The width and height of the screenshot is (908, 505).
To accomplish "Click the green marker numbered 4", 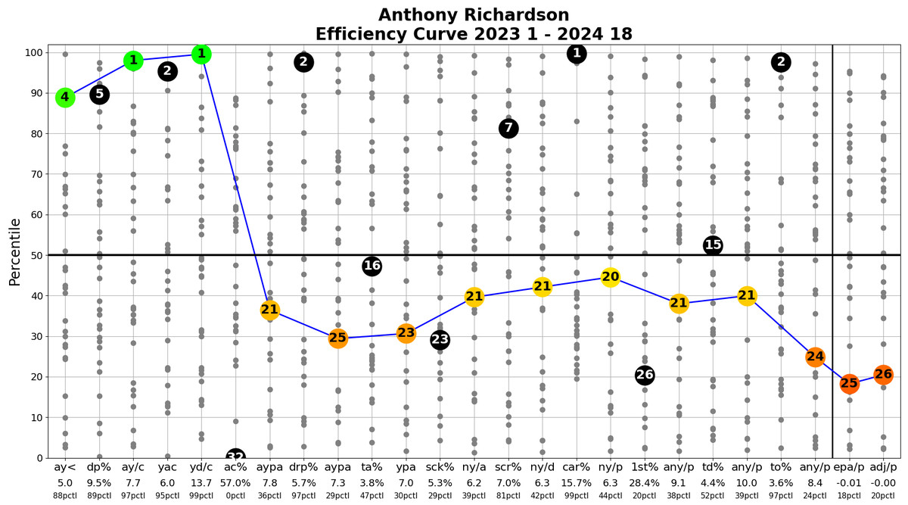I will coord(65,97).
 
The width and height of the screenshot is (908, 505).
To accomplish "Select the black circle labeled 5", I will coord(99,95).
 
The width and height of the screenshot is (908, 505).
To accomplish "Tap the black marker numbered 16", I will coord(372,266).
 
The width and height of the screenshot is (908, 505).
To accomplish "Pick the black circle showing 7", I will coord(508,129).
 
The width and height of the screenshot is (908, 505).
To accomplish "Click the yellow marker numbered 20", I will coord(611,277).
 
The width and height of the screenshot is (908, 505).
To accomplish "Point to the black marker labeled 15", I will coord(713,245).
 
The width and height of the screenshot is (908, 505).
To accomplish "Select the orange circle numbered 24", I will coord(815,357).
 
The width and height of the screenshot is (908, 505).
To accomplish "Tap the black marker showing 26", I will coord(645,375).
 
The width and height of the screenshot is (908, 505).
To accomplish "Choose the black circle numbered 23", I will coord(440,340).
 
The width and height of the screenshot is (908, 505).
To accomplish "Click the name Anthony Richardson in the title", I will coord(474,15).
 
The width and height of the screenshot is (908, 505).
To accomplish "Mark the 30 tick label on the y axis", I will coord(33,336).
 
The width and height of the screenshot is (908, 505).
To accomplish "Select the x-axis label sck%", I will coord(440,467).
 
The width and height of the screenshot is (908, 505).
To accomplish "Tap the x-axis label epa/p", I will coord(849,467).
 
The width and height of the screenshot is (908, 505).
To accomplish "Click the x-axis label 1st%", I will coord(645,467).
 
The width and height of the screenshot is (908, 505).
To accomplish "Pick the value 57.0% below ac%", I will coord(235,482).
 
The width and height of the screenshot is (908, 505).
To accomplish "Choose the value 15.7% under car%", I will coord(577,482).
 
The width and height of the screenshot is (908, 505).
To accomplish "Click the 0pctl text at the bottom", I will coord(235,496).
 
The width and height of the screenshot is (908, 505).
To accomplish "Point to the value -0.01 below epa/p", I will coord(849,482).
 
